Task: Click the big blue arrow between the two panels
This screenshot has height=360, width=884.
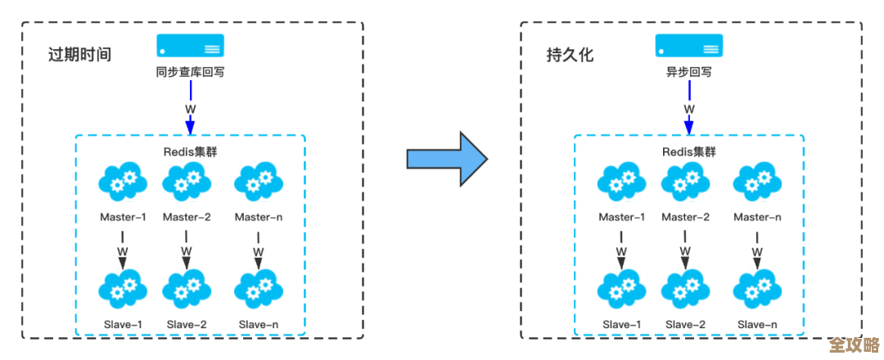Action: [446, 157]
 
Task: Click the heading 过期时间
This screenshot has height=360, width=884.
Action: [79, 56]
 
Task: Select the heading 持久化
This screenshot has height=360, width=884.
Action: [570, 56]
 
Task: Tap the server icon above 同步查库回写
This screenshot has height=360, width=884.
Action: [190, 45]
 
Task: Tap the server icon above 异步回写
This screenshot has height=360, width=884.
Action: [688, 45]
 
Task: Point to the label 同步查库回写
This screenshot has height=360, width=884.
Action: [190, 72]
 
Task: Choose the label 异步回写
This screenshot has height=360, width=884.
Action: [688, 72]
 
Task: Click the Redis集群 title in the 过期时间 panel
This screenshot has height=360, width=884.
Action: [190, 151]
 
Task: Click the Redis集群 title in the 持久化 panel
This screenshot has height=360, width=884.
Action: [688, 151]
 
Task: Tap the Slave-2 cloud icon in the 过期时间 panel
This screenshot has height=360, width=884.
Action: [187, 289]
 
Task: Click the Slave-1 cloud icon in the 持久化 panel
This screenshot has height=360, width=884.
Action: [621, 289]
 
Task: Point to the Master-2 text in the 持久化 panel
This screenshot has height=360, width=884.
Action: [685, 217]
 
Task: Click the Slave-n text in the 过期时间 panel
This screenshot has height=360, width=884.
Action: [258, 325]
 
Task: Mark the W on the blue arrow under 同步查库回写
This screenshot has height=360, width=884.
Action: [190, 109]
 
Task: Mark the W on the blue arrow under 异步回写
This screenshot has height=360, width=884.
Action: [688, 109]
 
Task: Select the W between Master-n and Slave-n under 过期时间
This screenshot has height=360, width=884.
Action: [258, 251]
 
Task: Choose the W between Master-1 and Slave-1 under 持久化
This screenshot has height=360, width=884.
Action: [621, 251]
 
